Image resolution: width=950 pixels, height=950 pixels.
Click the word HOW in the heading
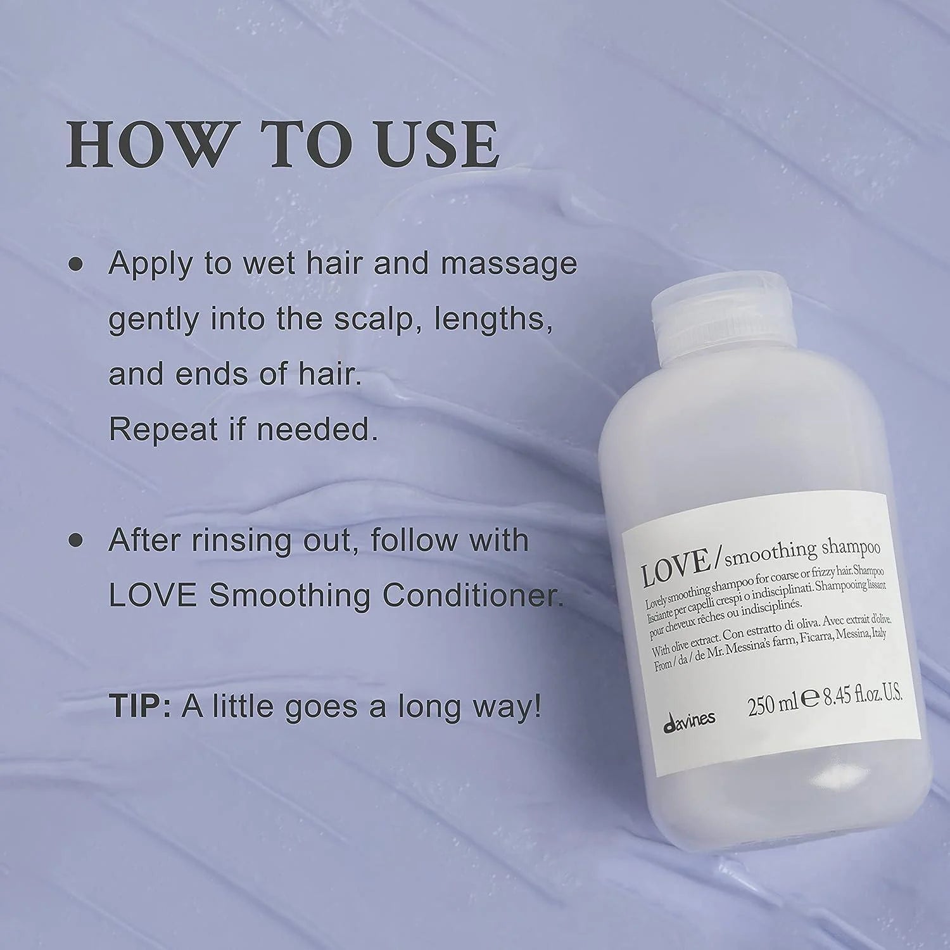[148, 144]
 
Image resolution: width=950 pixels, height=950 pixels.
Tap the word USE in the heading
[432, 144]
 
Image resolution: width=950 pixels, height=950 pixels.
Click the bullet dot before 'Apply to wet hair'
[76, 265]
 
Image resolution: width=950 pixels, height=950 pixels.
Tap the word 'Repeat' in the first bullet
[163, 431]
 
